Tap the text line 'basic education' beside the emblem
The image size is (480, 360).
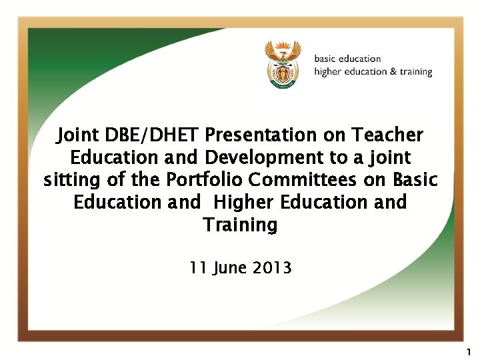[347, 59]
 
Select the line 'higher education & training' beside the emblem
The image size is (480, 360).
[373, 72]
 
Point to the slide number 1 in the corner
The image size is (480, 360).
[469, 351]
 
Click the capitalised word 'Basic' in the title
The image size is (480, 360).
[415, 181]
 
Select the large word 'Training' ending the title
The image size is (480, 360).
[240, 225]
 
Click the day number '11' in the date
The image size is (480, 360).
[198, 268]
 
